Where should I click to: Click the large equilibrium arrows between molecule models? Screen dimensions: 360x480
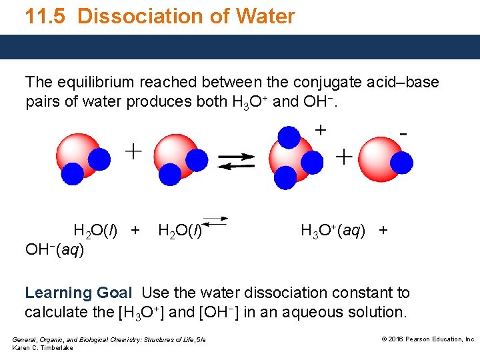coord(237,162)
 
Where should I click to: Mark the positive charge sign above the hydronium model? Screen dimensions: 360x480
coord(321,130)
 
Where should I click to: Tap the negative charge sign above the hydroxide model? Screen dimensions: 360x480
coord(403,134)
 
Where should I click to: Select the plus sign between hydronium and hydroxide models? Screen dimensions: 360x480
coord(343,157)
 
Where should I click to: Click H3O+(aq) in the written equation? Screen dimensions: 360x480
coord(333,231)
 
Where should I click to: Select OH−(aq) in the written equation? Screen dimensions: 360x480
coord(55,251)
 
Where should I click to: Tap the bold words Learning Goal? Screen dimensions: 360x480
coord(78,293)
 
